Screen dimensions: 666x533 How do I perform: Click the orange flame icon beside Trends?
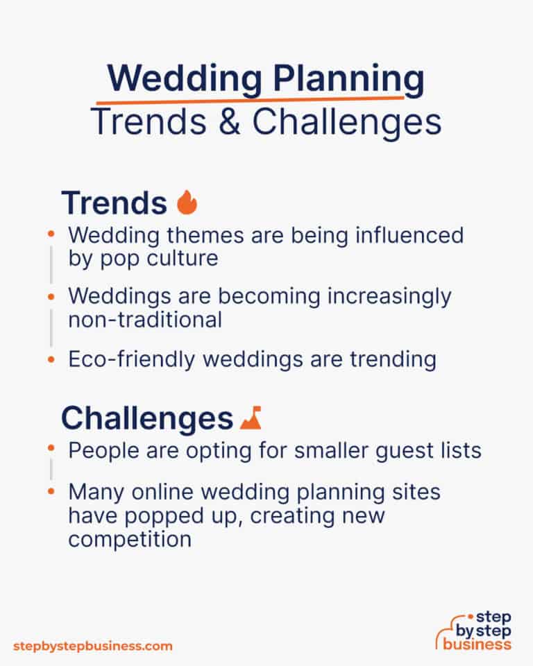tap(187, 203)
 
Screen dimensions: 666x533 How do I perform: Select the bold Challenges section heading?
tap(146, 418)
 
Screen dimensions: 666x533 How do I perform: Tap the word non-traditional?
tap(145, 319)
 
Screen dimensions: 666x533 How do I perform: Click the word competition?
tap(129, 539)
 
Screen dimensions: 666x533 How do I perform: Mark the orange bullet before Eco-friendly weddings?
tap(51, 359)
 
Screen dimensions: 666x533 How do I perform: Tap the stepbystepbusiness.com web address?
tap(92, 646)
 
